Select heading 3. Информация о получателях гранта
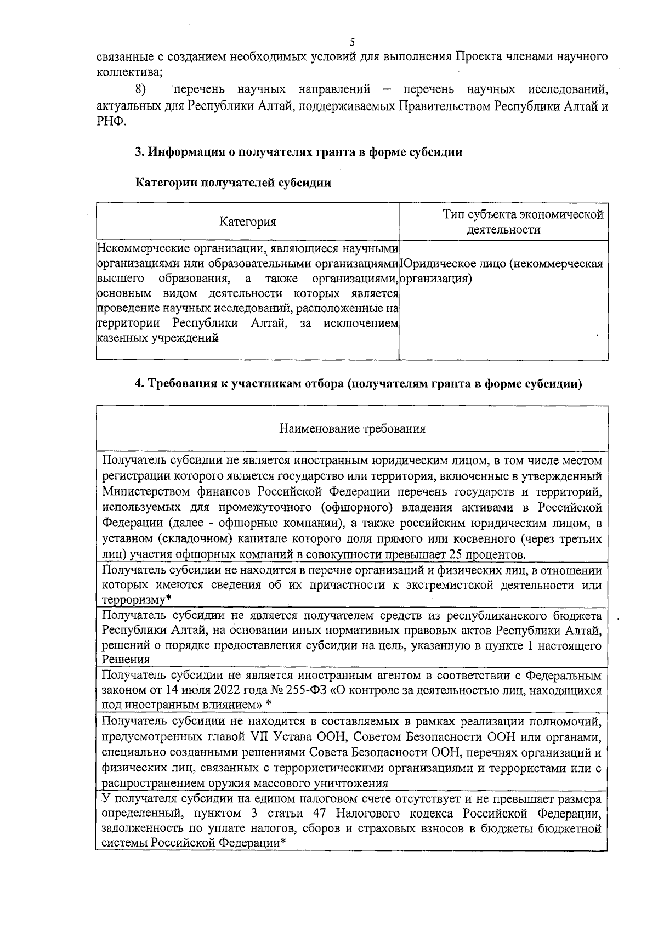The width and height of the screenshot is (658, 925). click(x=298, y=152)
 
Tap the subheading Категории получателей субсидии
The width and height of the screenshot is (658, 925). click(x=233, y=183)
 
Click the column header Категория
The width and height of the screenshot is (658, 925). click(x=247, y=222)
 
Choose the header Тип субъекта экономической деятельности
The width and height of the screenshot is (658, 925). click(x=503, y=222)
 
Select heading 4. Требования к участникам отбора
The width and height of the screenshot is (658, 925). click(x=358, y=384)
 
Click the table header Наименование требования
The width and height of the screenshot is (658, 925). click(x=352, y=428)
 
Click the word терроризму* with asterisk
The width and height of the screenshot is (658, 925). click(x=134, y=600)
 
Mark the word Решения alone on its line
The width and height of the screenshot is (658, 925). click(x=126, y=660)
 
